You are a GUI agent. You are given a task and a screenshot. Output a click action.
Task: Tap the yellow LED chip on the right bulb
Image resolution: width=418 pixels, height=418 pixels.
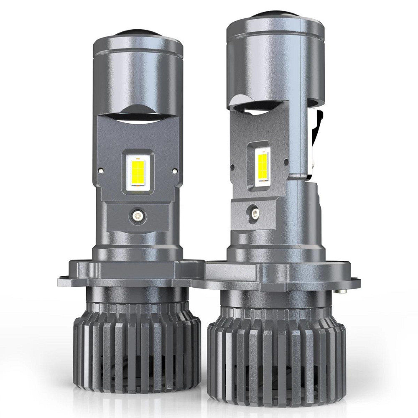coord(262,164)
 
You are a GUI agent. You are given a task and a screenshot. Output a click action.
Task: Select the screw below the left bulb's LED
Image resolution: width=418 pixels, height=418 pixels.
coord(137,216)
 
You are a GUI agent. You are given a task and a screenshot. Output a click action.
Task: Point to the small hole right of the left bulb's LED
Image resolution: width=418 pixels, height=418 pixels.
coord(175,170)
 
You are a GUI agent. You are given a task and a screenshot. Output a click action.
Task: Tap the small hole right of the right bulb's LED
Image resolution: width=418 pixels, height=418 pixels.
coord(285,161)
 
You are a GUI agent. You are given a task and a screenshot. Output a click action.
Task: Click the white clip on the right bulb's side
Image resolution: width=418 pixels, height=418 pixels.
coord(316,138)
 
